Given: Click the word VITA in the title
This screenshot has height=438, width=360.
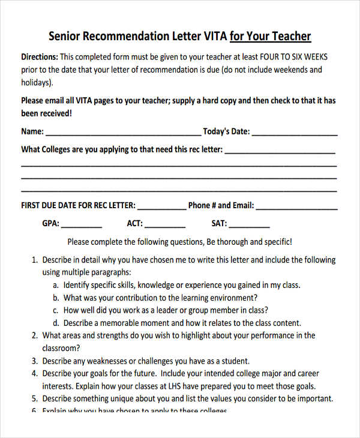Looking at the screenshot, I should [x=212, y=36].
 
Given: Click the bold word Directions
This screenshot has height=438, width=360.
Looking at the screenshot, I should [x=39, y=57].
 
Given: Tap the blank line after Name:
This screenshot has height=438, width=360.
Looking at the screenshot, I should [x=123, y=132].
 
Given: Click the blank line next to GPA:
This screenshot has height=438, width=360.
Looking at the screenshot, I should [x=82, y=224].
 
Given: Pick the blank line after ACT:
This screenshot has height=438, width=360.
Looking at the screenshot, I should [x=165, y=224].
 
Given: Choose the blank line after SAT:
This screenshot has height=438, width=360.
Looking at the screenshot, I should [x=250, y=224].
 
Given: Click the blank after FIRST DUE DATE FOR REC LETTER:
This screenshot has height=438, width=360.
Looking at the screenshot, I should [x=162, y=206].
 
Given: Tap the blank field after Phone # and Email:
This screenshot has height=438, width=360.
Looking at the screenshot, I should [x=296, y=206].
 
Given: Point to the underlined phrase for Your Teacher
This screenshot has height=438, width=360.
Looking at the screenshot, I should [x=270, y=36].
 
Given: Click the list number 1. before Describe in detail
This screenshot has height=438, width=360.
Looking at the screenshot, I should [x=34, y=260].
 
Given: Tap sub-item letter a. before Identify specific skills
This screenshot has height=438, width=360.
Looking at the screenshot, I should [x=56, y=285].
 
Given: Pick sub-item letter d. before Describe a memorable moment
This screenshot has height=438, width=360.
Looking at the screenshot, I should [x=56, y=323].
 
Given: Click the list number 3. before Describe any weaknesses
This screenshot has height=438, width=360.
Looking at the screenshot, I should [x=34, y=361].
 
